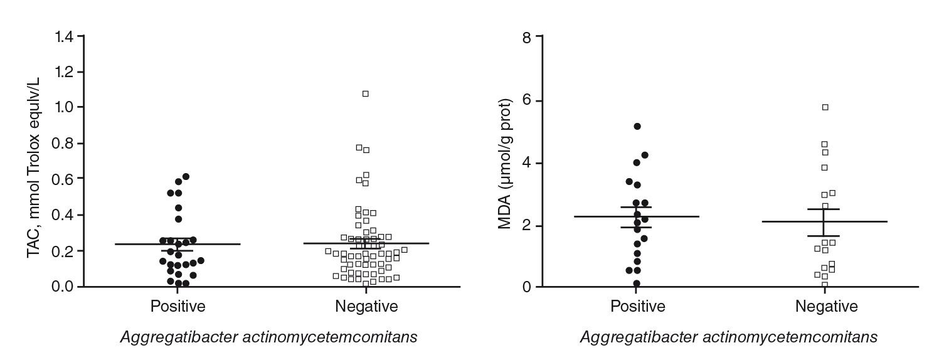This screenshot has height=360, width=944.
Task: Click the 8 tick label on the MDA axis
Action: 527,37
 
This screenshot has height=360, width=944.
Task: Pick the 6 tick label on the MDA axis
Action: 527,100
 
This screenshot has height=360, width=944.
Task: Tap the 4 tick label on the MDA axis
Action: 527,163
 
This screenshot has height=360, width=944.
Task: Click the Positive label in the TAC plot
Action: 178,307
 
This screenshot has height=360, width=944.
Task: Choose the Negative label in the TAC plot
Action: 366,307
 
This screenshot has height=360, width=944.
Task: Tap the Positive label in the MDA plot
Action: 637,307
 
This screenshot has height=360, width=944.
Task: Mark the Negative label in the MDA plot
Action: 826,307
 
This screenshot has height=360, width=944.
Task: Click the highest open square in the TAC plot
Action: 366,94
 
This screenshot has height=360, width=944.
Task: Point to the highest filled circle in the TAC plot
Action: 186,177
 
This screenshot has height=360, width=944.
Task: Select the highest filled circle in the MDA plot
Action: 637,127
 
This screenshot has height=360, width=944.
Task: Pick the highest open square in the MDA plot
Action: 825,107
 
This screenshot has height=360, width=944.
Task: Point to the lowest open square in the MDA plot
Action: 825,285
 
